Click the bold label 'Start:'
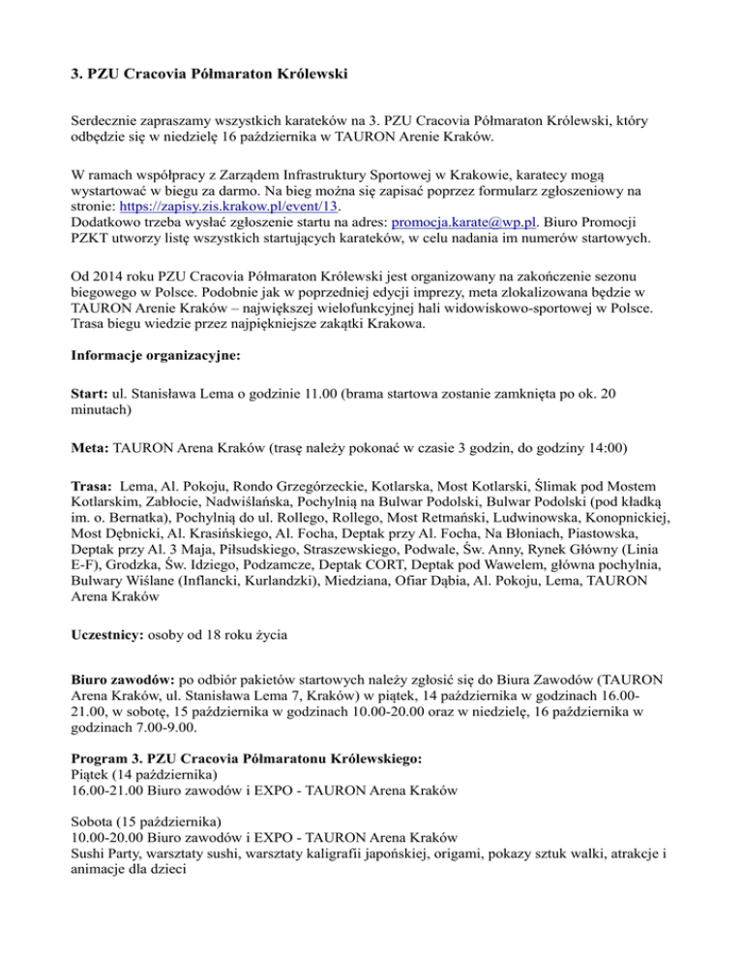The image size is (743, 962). click(93, 394)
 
